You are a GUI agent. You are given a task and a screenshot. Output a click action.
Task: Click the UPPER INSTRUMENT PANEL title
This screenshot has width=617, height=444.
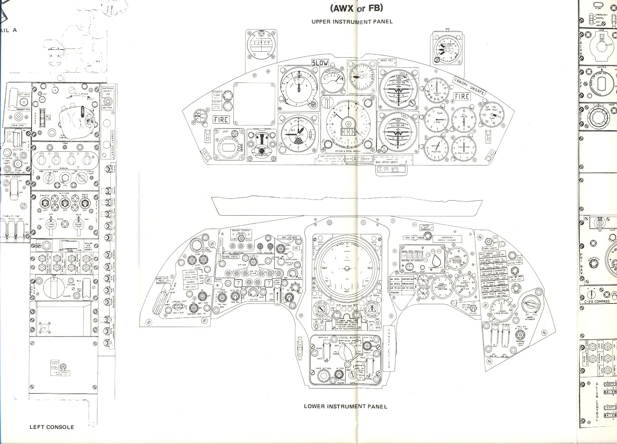pos(352,21)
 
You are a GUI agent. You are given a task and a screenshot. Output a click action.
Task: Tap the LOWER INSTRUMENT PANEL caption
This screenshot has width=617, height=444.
pos(345,406)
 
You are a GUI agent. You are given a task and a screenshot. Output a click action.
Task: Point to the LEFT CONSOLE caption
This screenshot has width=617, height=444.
pos(52,427)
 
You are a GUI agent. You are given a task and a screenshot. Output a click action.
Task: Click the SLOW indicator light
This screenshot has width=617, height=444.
pos(320,63)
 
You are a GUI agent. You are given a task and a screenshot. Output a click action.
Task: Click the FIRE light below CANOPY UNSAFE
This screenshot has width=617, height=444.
pos(462,96)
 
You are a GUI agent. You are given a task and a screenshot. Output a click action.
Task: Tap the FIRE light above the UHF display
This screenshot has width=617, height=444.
pos(221,120)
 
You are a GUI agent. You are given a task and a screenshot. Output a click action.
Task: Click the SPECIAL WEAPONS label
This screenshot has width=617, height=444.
pos(349,337)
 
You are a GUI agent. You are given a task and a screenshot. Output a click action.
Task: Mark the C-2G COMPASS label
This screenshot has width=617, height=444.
pos(597,301)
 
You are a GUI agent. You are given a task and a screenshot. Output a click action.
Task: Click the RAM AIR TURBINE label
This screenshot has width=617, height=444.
pos(416,238)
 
